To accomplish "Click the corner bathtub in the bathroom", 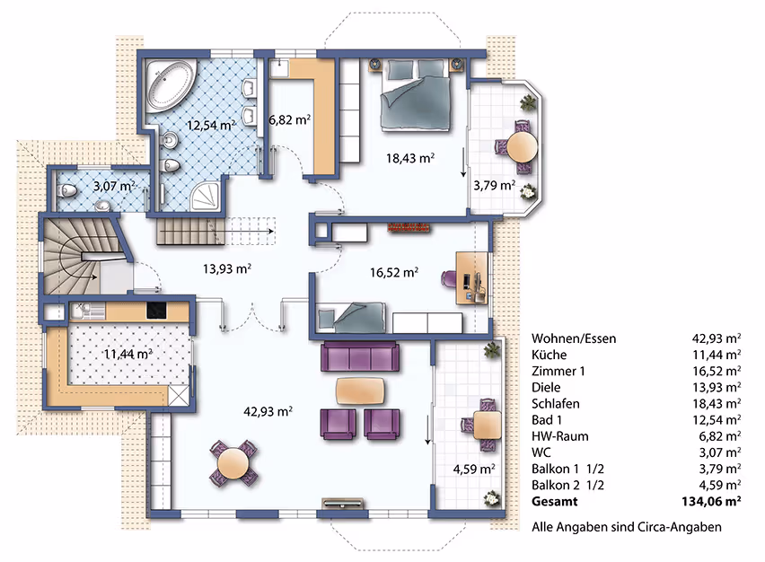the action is pyautogui.click(x=171, y=86).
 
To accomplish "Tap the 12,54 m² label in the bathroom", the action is pyautogui.click(x=211, y=125).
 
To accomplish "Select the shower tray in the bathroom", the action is pyautogui.click(x=207, y=198).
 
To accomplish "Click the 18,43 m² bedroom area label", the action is pyautogui.click(x=410, y=158).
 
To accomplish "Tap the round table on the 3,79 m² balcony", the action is pyautogui.click(x=522, y=145).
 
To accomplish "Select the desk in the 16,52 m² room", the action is pyautogui.click(x=471, y=278).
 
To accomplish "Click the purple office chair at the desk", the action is pyautogui.click(x=448, y=278).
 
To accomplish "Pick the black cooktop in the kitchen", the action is pyautogui.click(x=156, y=311).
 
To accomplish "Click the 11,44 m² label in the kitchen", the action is pyautogui.click(x=127, y=353).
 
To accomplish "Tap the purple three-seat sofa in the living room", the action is pyautogui.click(x=359, y=356).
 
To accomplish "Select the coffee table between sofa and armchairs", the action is pyautogui.click(x=360, y=391).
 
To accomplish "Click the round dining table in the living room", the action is pyautogui.click(x=233, y=463).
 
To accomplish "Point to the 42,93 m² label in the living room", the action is pyautogui.click(x=268, y=412).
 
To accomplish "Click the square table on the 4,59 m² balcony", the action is pyautogui.click(x=488, y=425).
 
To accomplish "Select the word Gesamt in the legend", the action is pyautogui.click(x=555, y=502).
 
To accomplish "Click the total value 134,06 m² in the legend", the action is pyautogui.click(x=711, y=502).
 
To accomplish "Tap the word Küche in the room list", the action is pyautogui.click(x=550, y=355).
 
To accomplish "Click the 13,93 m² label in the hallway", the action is pyautogui.click(x=227, y=268).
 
